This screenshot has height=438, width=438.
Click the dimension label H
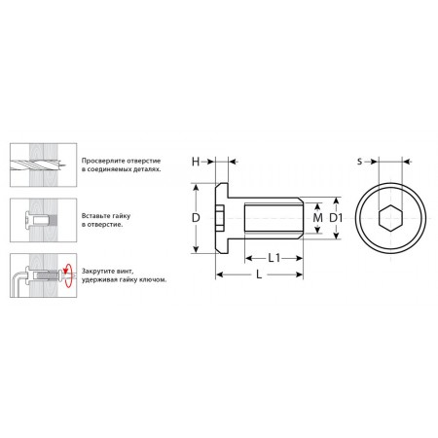click(x=196, y=162)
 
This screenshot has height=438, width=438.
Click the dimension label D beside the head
click(x=196, y=218)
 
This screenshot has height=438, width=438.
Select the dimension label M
click(x=317, y=217)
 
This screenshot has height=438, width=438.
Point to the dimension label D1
click(x=336, y=218)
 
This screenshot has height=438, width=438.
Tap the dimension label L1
click(x=274, y=258)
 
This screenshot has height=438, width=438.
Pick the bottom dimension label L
click(x=259, y=274)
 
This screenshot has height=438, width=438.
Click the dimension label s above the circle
click(x=359, y=162)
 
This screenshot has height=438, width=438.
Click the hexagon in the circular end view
click(x=390, y=218)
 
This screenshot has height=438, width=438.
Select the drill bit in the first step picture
click(x=38, y=164)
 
